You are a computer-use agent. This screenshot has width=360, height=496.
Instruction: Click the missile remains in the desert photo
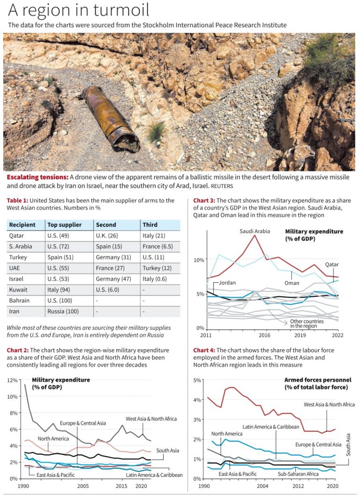click(111, 119)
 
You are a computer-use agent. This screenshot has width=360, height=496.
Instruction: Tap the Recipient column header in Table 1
click(22, 225)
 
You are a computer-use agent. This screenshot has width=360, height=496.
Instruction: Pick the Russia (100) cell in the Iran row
click(63, 311)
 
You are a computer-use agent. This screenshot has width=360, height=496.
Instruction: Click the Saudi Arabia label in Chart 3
click(255, 231)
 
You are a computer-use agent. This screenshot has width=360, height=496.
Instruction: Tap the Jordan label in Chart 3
click(227, 283)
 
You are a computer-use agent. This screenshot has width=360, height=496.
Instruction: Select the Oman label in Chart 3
click(292, 283)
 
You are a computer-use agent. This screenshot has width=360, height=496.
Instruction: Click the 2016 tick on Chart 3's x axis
click(264, 335)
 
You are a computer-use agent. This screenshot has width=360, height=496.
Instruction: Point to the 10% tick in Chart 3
click(199, 260)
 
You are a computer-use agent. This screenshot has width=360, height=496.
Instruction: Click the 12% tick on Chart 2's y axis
click(12, 380)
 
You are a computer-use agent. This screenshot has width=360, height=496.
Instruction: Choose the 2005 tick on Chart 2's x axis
click(83, 486)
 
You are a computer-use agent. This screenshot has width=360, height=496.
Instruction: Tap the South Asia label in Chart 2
click(168, 451)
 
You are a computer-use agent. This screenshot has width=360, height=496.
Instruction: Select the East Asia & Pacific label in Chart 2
click(56, 475)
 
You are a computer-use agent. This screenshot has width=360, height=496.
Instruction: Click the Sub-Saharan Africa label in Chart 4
click(298, 474)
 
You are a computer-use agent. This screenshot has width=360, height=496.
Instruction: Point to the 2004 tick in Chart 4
click(262, 486)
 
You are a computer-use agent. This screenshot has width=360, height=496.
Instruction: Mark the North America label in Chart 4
click(227, 434)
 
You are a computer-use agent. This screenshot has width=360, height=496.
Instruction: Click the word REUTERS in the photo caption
click(222, 186)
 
